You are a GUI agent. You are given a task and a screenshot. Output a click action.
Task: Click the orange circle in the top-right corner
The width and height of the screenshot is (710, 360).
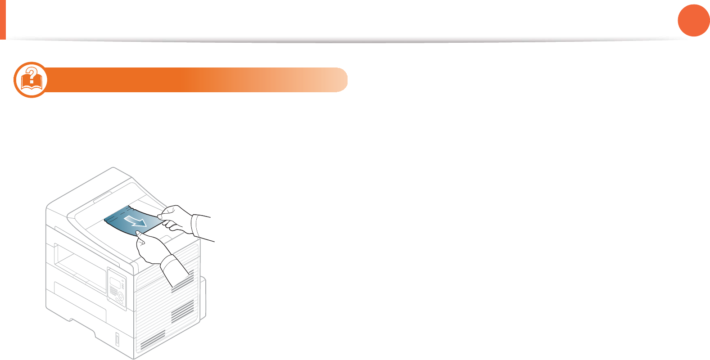(x=694, y=20)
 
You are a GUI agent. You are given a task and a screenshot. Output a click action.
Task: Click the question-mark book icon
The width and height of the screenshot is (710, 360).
(x=31, y=80)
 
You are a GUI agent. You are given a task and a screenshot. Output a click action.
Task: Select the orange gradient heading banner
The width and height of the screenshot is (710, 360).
(x=198, y=80)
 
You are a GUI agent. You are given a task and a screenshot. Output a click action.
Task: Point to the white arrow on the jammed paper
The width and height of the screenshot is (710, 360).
(x=136, y=220)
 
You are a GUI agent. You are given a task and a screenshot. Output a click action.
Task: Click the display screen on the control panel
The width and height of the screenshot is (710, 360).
(x=115, y=282)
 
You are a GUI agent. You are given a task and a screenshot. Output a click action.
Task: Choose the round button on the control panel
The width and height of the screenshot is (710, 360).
(x=120, y=297)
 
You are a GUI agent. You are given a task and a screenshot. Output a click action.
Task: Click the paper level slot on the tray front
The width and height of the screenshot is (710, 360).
(x=117, y=340)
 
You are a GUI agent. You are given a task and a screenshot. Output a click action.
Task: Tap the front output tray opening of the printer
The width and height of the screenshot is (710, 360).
(x=79, y=265)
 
